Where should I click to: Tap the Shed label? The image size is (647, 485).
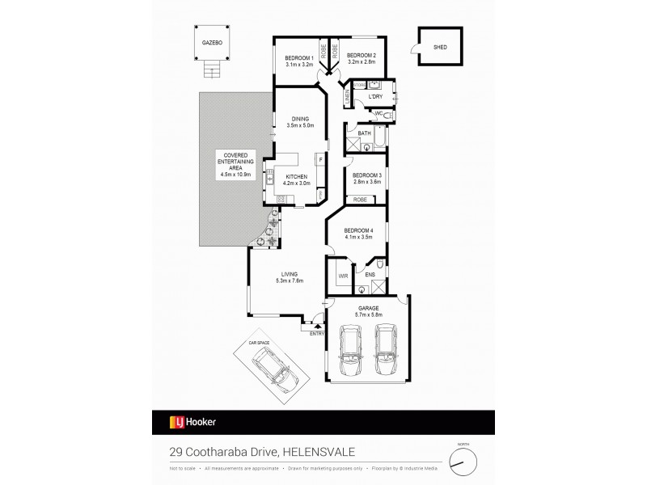[x=441, y=47]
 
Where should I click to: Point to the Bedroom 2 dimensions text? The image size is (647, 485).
[x=361, y=62]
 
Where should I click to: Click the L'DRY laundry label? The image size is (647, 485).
[x=374, y=98]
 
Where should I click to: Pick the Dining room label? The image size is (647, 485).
[x=299, y=120]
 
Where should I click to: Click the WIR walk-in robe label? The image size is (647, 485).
[x=342, y=274]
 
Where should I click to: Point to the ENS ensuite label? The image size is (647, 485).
[x=370, y=274]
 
